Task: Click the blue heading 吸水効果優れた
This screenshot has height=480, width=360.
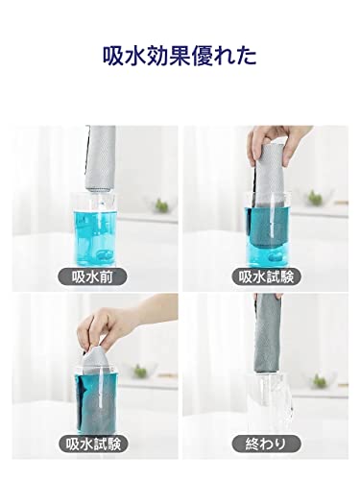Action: click(180, 56)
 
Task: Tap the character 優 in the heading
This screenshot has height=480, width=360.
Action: click(202, 56)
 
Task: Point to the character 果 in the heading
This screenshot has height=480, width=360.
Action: click(180, 56)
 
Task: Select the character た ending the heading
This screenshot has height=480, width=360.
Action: click(247, 57)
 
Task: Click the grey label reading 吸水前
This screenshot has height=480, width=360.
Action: click(92, 276)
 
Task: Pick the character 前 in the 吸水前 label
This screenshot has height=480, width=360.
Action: click(107, 276)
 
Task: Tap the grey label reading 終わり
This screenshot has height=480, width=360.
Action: click(266, 444)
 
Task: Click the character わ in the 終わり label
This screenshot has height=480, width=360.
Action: click(266, 444)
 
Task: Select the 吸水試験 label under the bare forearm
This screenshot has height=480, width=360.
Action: click(93, 444)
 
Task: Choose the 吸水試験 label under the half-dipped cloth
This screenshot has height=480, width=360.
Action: click(266, 276)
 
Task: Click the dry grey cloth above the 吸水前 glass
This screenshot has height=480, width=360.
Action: click(101, 159)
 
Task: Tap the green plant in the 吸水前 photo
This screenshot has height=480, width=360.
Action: click(162, 205)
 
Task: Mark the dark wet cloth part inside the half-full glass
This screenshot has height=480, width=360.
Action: click(265, 229)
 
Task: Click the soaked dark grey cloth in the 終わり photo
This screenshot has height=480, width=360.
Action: click(268, 334)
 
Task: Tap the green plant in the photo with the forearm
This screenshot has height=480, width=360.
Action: click(140, 372)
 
